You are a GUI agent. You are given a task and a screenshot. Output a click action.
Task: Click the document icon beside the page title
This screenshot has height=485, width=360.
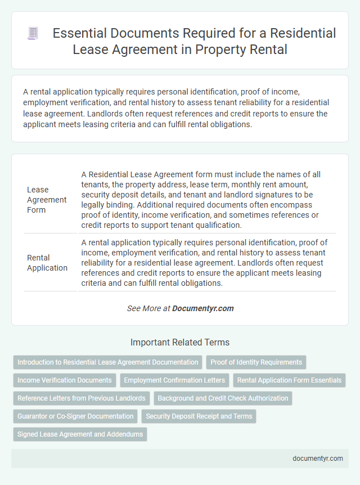point(33,34)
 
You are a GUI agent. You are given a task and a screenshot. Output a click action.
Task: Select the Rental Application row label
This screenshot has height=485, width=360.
point(47,263)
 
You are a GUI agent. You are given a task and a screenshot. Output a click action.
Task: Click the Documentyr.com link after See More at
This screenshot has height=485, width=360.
point(202,308)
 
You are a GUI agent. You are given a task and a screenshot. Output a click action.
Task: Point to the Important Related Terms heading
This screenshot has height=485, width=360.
point(180,342)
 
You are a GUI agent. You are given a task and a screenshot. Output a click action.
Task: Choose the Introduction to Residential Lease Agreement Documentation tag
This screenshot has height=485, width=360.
point(107,362)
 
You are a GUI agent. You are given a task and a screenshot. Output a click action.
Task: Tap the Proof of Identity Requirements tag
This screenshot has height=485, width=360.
point(256,362)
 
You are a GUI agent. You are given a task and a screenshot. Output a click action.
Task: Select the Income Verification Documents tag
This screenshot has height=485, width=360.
point(65,380)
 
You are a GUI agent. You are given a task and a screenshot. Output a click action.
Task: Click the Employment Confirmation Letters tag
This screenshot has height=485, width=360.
point(174,380)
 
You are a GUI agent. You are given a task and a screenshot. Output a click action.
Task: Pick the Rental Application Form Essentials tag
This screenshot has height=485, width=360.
point(289,380)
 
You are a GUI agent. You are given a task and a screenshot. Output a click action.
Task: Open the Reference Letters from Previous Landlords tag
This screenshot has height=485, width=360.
point(82,398)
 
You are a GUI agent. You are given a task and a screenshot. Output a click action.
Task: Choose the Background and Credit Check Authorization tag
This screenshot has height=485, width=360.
point(223,398)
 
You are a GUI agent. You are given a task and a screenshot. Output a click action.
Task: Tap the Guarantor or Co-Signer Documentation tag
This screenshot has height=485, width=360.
point(75,416)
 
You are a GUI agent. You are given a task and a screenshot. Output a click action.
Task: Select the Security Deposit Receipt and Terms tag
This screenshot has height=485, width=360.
point(200,416)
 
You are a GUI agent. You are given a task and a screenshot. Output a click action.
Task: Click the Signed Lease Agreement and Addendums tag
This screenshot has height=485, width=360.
point(80,434)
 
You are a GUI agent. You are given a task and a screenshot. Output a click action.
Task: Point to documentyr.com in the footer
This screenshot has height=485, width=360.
point(318,459)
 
